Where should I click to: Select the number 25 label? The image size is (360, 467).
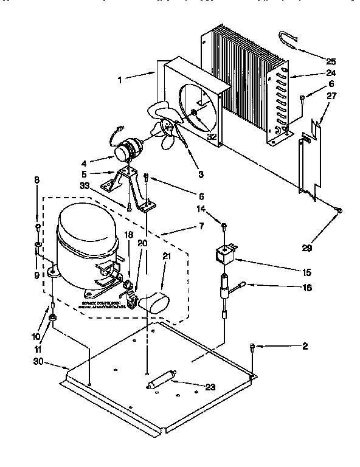[x=331, y=61]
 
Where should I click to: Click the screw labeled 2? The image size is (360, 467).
[x=252, y=348]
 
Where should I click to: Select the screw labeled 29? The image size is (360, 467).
[x=339, y=210]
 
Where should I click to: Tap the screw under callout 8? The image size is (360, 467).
[x=38, y=227]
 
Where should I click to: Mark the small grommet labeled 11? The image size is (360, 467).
[x=54, y=318]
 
